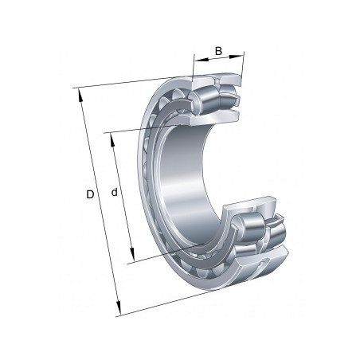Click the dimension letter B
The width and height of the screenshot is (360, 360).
[x=218, y=51]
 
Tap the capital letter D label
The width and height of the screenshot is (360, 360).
[x=90, y=194]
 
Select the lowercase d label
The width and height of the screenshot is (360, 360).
[x=114, y=192]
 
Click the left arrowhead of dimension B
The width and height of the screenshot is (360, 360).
[x=201, y=60]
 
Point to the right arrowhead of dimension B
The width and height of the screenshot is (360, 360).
[x=237, y=56]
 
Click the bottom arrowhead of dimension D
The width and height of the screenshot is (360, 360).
[x=118, y=307]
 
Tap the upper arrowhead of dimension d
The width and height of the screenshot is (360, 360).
[x=112, y=139]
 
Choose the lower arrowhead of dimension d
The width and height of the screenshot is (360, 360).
[x=132, y=254]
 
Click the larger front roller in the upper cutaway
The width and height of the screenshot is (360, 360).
[x=205, y=100]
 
